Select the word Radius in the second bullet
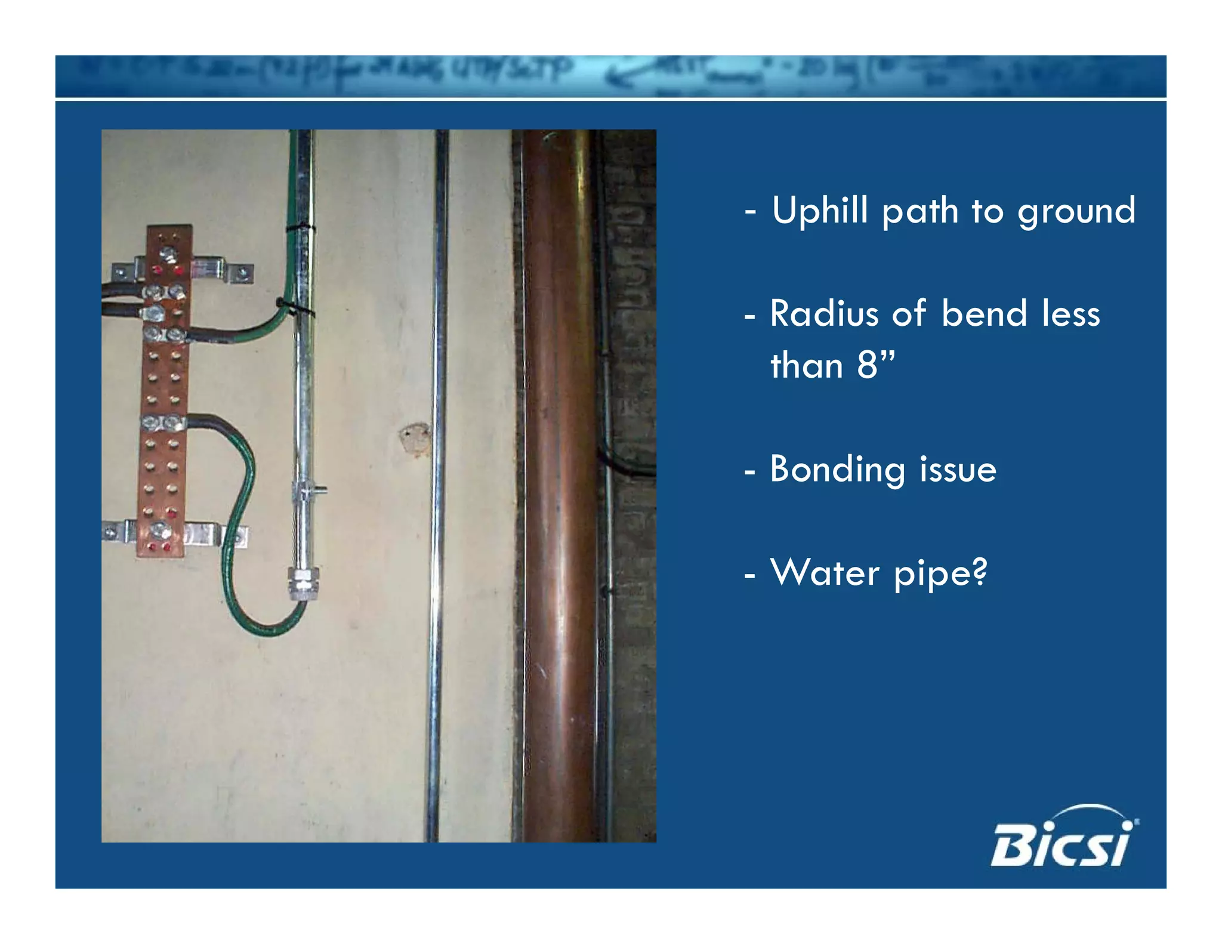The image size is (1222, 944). click(x=824, y=314)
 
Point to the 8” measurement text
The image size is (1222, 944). click(x=875, y=365)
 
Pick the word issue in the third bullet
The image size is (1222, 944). click(x=958, y=469)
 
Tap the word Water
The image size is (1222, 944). click(x=825, y=573)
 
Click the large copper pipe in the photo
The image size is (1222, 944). click(x=558, y=477)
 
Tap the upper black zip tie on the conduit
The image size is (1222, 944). click(x=300, y=227)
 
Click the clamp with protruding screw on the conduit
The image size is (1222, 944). click(x=307, y=490)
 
